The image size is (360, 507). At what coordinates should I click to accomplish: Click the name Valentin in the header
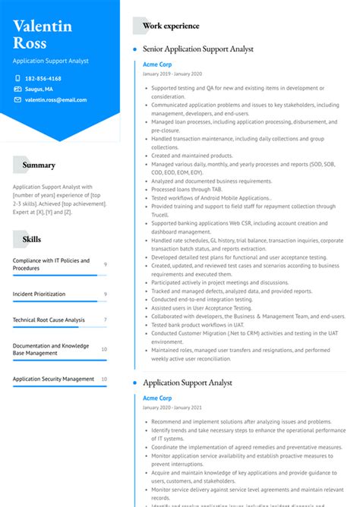click(43, 26)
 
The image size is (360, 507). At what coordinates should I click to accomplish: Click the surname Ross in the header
click(30, 43)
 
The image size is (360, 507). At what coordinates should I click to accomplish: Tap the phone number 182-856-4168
click(43, 78)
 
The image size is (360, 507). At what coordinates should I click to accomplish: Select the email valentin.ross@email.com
click(55, 99)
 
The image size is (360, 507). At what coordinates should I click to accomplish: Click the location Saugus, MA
click(39, 89)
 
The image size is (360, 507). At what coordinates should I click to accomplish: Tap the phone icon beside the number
click(17, 78)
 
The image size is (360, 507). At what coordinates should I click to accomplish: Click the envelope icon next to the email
click(17, 99)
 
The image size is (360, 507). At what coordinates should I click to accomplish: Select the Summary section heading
click(39, 165)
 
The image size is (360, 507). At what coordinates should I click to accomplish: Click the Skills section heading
click(32, 239)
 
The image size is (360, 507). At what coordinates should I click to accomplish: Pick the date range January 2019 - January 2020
click(172, 74)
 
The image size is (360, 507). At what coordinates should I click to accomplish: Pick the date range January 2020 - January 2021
click(172, 408)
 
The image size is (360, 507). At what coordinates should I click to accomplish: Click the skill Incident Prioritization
click(39, 294)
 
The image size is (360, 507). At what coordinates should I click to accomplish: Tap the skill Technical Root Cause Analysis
click(49, 320)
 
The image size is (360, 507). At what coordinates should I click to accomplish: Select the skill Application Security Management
click(53, 379)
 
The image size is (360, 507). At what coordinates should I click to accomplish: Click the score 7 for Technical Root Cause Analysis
click(105, 320)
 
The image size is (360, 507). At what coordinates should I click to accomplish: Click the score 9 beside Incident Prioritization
click(105, 294)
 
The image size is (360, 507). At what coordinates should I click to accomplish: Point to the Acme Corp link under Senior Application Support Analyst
click(157, 64)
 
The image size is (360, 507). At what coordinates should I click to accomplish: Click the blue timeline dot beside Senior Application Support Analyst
click(134, 49)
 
